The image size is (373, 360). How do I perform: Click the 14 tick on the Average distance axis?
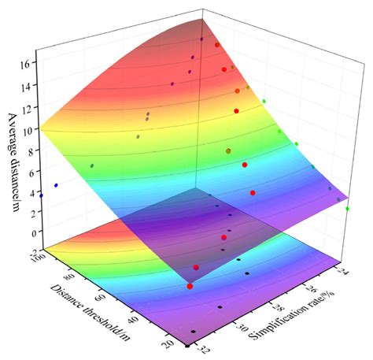tap(29, 84)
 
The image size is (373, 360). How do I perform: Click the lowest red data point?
tap(190, 286)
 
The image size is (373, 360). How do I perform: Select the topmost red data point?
tap(218, 46)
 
